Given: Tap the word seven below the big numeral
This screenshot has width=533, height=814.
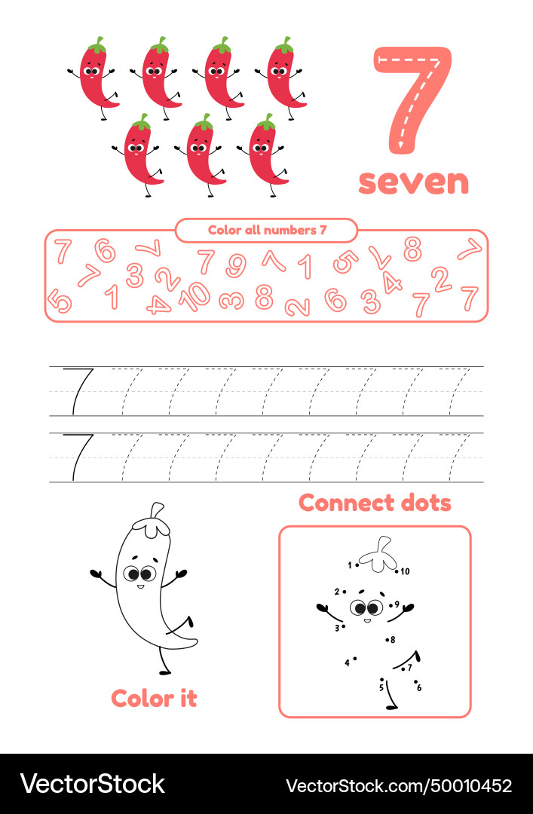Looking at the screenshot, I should click(x=413, y=182).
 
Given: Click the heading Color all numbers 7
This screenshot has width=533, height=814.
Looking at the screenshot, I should click(x=267, y=230).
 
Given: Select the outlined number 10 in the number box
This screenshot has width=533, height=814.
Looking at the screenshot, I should click(x=194, y=296).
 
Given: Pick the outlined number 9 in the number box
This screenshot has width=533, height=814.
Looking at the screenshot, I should click(x=236, y=265).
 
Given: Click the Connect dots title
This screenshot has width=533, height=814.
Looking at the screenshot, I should click(x=375, y=503).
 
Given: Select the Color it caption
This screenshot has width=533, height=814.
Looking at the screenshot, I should click(x=154, y=698).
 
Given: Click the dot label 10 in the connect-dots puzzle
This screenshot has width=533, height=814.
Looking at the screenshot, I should click(x=403, y=571).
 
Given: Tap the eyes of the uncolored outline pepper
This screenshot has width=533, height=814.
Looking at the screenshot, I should click(x=139, y=574).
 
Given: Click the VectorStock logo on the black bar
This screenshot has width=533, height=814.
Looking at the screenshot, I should click(x=92, y=784).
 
